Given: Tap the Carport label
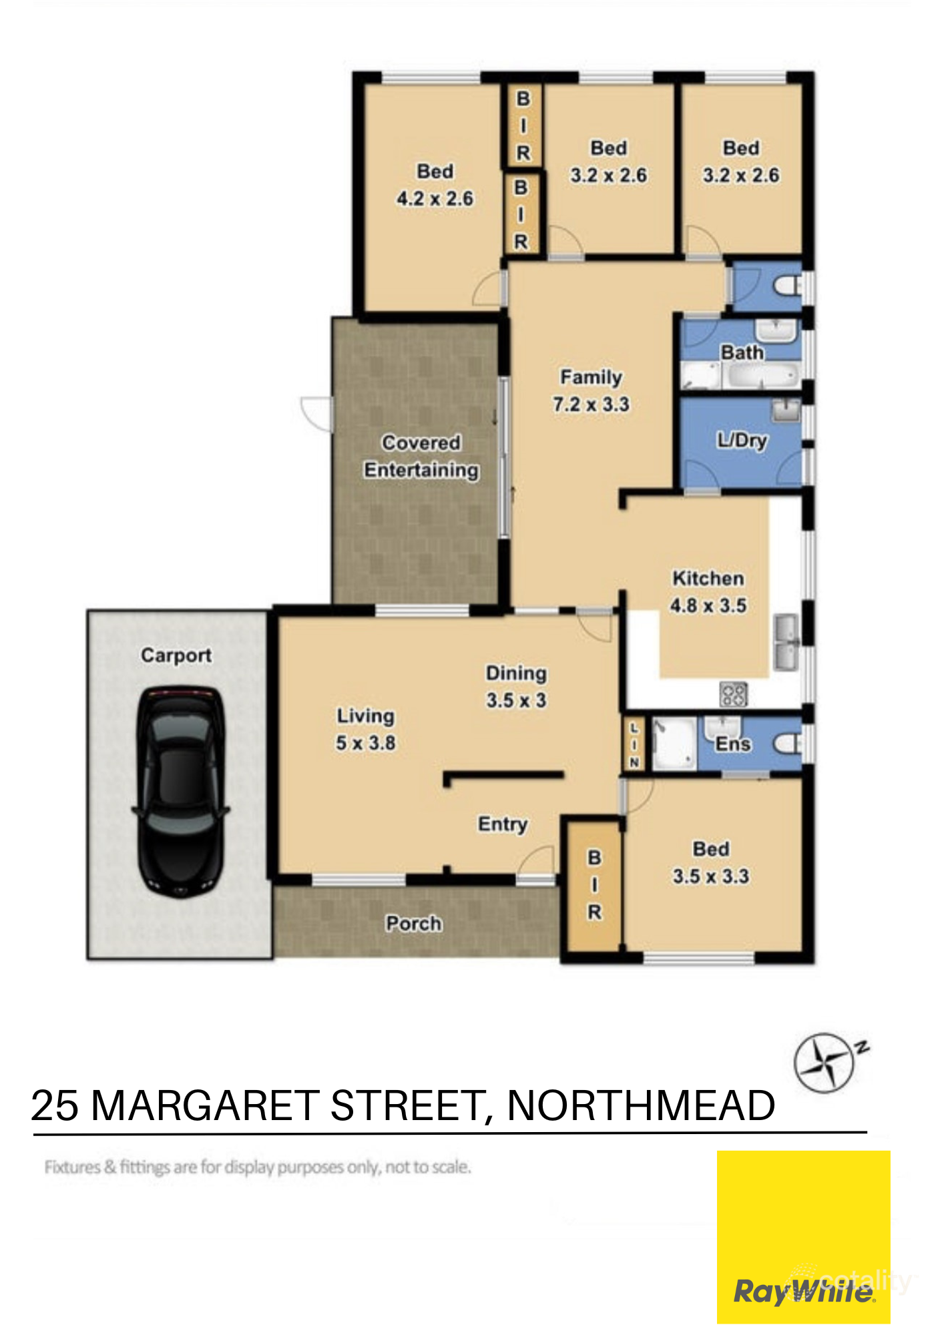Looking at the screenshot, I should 176,655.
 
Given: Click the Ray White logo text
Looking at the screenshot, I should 803,1292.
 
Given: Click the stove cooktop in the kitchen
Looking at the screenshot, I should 733,694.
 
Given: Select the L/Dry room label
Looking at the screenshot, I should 742,440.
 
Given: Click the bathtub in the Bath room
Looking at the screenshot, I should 761,375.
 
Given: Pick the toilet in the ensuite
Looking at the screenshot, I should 788,743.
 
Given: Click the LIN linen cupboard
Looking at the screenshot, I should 634,744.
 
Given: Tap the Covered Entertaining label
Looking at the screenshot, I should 421,457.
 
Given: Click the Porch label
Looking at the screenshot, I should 414,924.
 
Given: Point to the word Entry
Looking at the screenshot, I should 503,824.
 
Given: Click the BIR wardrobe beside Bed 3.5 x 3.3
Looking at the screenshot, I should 594,884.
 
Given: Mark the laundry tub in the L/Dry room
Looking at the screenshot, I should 786,410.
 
